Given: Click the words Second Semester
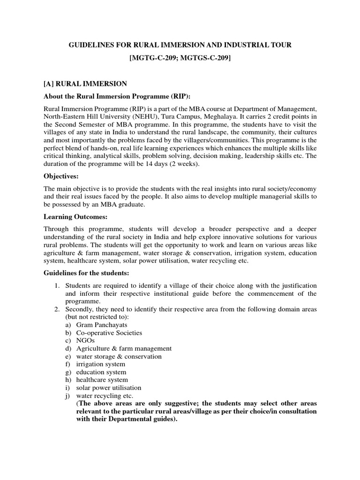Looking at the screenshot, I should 86,125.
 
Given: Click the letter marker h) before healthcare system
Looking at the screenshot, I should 68,380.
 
